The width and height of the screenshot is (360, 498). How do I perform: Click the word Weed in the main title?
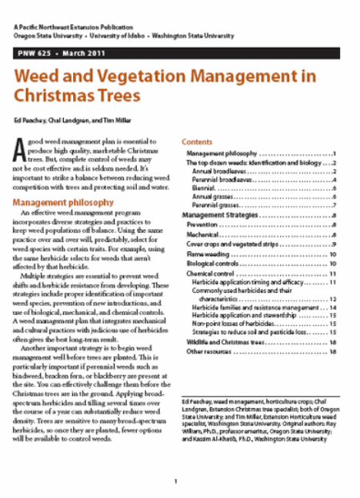pyautogui.click(x=42, y=77)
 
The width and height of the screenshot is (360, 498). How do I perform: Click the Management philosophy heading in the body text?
pyautogui.click(x=64, y=202)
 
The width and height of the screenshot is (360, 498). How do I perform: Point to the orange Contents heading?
pyautogui.click(x=197, y=142)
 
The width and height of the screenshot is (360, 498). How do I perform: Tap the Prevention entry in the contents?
pyautogui.click(x=204, y=225)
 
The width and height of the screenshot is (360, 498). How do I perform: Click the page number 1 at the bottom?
pyautogui.click(x=176, y=482)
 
